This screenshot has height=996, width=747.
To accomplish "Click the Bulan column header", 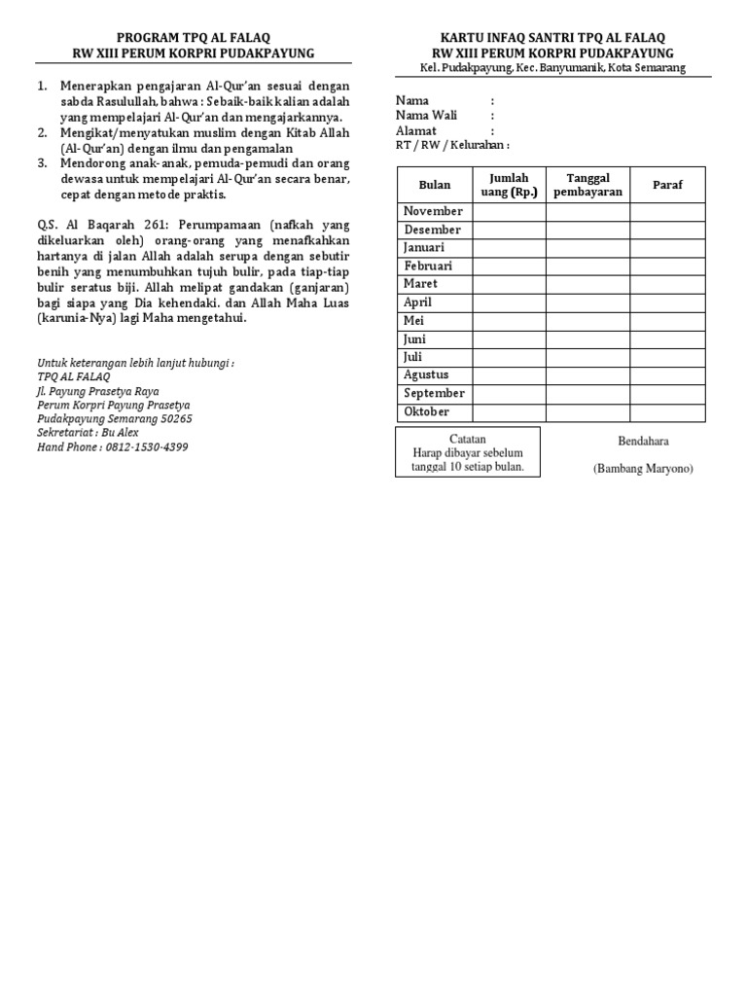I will click(x=435, y=185).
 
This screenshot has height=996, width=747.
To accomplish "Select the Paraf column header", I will click(x=667, y=185).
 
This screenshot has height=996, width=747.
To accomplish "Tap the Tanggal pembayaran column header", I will click(x=587, y=185).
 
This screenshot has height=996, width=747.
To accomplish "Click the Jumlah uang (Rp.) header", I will click(x=510, y=185).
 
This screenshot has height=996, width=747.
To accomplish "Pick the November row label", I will click(x=434, y=211).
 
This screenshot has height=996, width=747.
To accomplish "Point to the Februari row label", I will click(x=428, y=266).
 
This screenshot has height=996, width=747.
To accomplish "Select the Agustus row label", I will click(x=426, y=374).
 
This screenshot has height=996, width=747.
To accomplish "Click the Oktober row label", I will click(x=427, y=411).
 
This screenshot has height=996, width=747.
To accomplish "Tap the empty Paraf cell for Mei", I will click(x=667, y=321).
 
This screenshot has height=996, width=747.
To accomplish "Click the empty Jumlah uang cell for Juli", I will click(x=510, y=357).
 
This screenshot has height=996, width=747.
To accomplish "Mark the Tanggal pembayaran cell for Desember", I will click(x=587, y=230).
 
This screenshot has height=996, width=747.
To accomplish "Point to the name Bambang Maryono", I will click(x=643, y=469).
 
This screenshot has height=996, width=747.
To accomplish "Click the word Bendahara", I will click(x=643, y=441).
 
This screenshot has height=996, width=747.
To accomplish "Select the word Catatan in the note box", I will click(x=468, y=439).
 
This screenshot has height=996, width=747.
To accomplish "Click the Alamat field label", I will click(x=416, y=130).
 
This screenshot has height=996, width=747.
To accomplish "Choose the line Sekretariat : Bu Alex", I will click(x=88, y=433).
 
